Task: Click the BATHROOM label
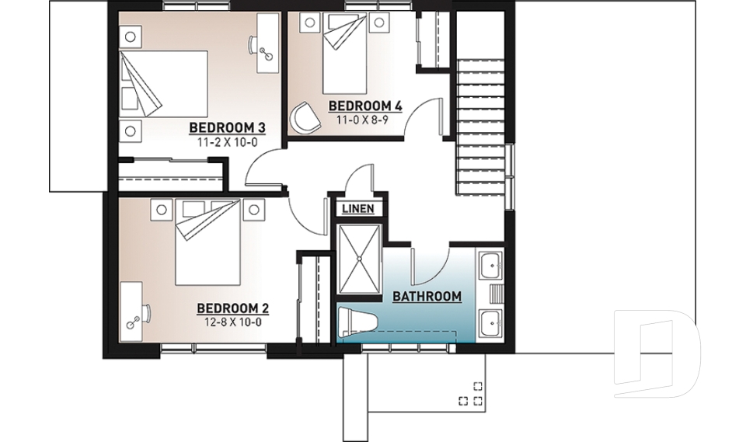[427, 296]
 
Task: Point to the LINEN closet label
[358, 208]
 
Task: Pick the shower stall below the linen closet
[358, 260]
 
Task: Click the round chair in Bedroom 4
[304, 117]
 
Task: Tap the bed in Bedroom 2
[206, 245]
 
